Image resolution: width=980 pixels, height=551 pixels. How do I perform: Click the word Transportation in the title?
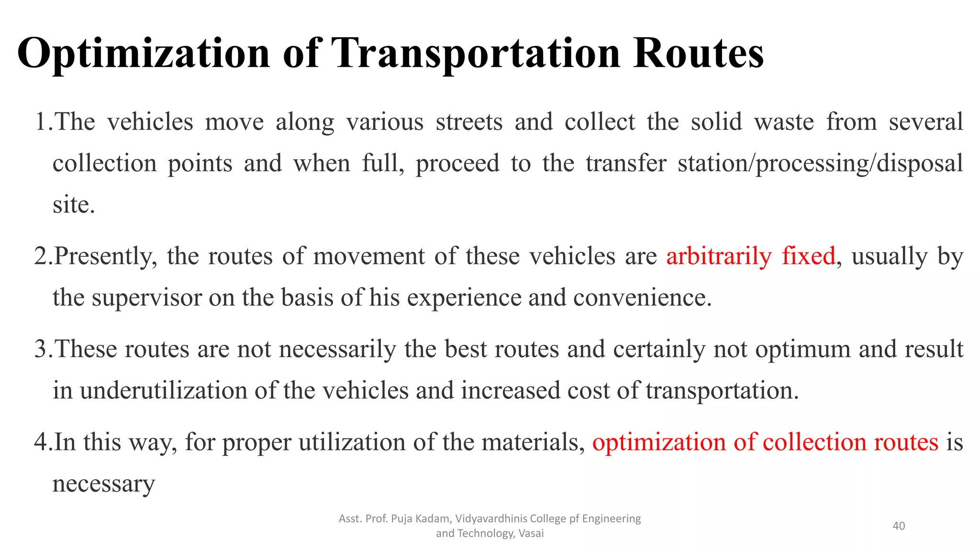pyautogui.click(x=476, y=54)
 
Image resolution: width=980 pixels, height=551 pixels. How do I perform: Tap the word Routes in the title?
pyautogui.click(x=698, y=54)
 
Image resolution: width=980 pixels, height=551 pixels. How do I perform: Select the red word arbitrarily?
pyautogui.click(x=719, y=256)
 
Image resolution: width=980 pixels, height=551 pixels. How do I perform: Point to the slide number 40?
pyautogui.click(x=899, y=526)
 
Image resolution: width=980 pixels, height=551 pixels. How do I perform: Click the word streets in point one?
pyautogui.click(x=469, y=121)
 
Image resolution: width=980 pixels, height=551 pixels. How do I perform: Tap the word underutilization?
pyautogui.click(x=163, y=390)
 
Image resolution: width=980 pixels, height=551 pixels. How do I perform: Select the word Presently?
pyautogui.click(x=106, y=256)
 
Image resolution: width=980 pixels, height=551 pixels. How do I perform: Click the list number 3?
pyautogui.click(x=40, y=349)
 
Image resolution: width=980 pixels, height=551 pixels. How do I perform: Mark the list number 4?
pyautogui.click(x=40, y=441)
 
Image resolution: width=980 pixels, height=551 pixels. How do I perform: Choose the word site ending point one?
pyautogui.click(x=73, y=205)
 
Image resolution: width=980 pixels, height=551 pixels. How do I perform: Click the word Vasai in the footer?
pyautogui.click(x=531, y=533)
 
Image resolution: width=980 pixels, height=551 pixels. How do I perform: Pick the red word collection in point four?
pyautogui.click(x=814, y=442)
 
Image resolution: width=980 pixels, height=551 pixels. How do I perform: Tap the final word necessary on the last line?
pyautogui.click(x=103, y=484)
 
